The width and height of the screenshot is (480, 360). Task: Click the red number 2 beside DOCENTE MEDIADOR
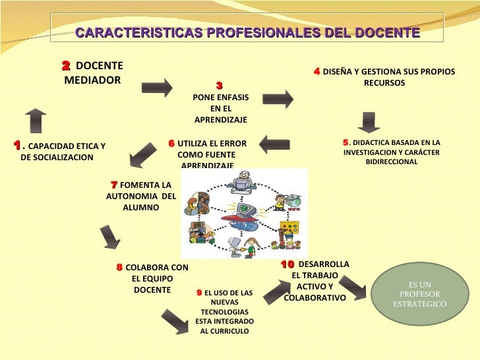(66, 66)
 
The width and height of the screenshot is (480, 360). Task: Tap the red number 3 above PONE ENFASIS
(219, 86)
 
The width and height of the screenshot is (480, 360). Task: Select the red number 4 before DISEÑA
(316, 71)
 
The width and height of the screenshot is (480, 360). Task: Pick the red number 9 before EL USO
(199, 292)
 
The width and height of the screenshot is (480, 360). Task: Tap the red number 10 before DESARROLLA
(287, 264)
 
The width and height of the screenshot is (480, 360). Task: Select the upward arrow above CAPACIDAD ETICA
(36, 120)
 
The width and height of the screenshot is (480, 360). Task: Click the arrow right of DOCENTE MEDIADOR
(156, 87)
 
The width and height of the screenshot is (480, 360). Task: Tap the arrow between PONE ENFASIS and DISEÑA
(278, 99)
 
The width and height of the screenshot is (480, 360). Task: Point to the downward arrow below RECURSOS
(369, 123)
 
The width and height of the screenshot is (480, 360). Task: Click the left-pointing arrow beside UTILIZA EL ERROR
(274, 144)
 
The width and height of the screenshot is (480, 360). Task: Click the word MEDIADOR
(92, 80)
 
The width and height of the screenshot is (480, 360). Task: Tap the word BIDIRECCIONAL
(392, 162)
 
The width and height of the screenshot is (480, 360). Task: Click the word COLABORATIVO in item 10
(315, 298)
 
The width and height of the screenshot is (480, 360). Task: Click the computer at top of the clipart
(245, 181)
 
